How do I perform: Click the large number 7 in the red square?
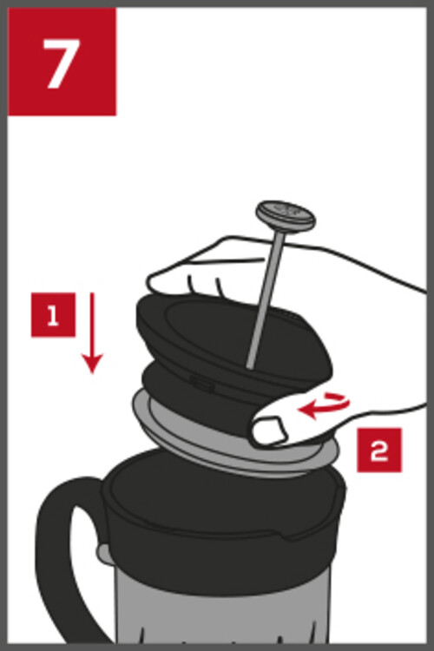[x=62, y=63]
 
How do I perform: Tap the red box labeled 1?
[x=53, y=315]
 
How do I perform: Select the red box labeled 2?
[x=379, y=450]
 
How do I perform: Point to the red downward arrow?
[x=92, y=333]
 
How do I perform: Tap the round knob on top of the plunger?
[x=286, y=216]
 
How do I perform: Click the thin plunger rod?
[x=266, y=299]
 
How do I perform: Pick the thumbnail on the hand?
[x=270, y=431]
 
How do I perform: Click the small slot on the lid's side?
[x=202, y=383]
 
